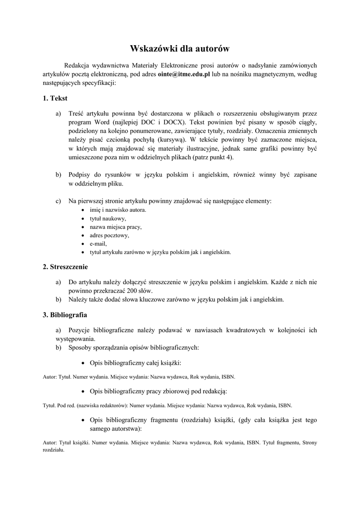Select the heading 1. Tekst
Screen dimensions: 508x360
(55, 99)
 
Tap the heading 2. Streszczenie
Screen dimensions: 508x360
(65, 266)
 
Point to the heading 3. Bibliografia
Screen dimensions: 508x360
(65, 315)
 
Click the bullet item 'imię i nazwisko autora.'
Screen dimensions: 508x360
(118, 210)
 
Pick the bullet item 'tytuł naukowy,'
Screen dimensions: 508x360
(108, 218)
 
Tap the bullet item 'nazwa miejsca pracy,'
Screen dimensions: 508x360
(115, 227)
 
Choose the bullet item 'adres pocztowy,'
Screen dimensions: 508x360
(109, 235)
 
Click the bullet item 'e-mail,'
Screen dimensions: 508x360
(98, 244)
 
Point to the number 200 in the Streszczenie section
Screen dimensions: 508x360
(131, 291)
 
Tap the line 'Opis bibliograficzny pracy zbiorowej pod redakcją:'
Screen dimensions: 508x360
(158, 391)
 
